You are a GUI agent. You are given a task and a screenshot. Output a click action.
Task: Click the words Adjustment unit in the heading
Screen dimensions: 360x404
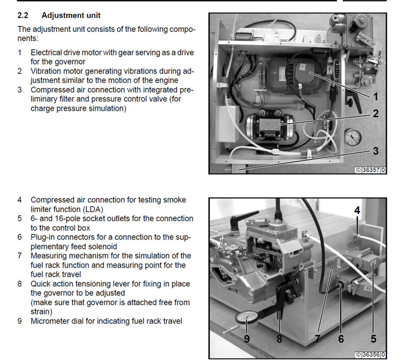point(71,16)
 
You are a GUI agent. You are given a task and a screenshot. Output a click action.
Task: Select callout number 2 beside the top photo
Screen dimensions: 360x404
point(375,114)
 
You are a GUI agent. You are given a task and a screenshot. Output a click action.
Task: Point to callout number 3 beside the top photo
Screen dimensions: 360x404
point(375,150)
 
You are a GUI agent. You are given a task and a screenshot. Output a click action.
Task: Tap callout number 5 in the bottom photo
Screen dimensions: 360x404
point(373,339)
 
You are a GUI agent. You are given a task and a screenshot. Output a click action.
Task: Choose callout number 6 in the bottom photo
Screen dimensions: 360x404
point(341,339)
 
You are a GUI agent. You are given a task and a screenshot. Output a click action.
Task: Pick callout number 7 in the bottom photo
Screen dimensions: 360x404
point(318,339)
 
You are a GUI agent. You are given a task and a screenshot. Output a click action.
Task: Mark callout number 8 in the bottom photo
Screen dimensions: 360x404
point(279,339)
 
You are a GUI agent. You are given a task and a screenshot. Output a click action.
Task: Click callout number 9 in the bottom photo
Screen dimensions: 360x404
point(247,339)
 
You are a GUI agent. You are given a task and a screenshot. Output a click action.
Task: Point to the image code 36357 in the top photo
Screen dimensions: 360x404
point(371,170)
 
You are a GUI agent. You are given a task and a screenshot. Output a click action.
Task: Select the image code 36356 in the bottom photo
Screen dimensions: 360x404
point(371,355)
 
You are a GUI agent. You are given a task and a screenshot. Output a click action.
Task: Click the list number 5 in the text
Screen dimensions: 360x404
point(19,219)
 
